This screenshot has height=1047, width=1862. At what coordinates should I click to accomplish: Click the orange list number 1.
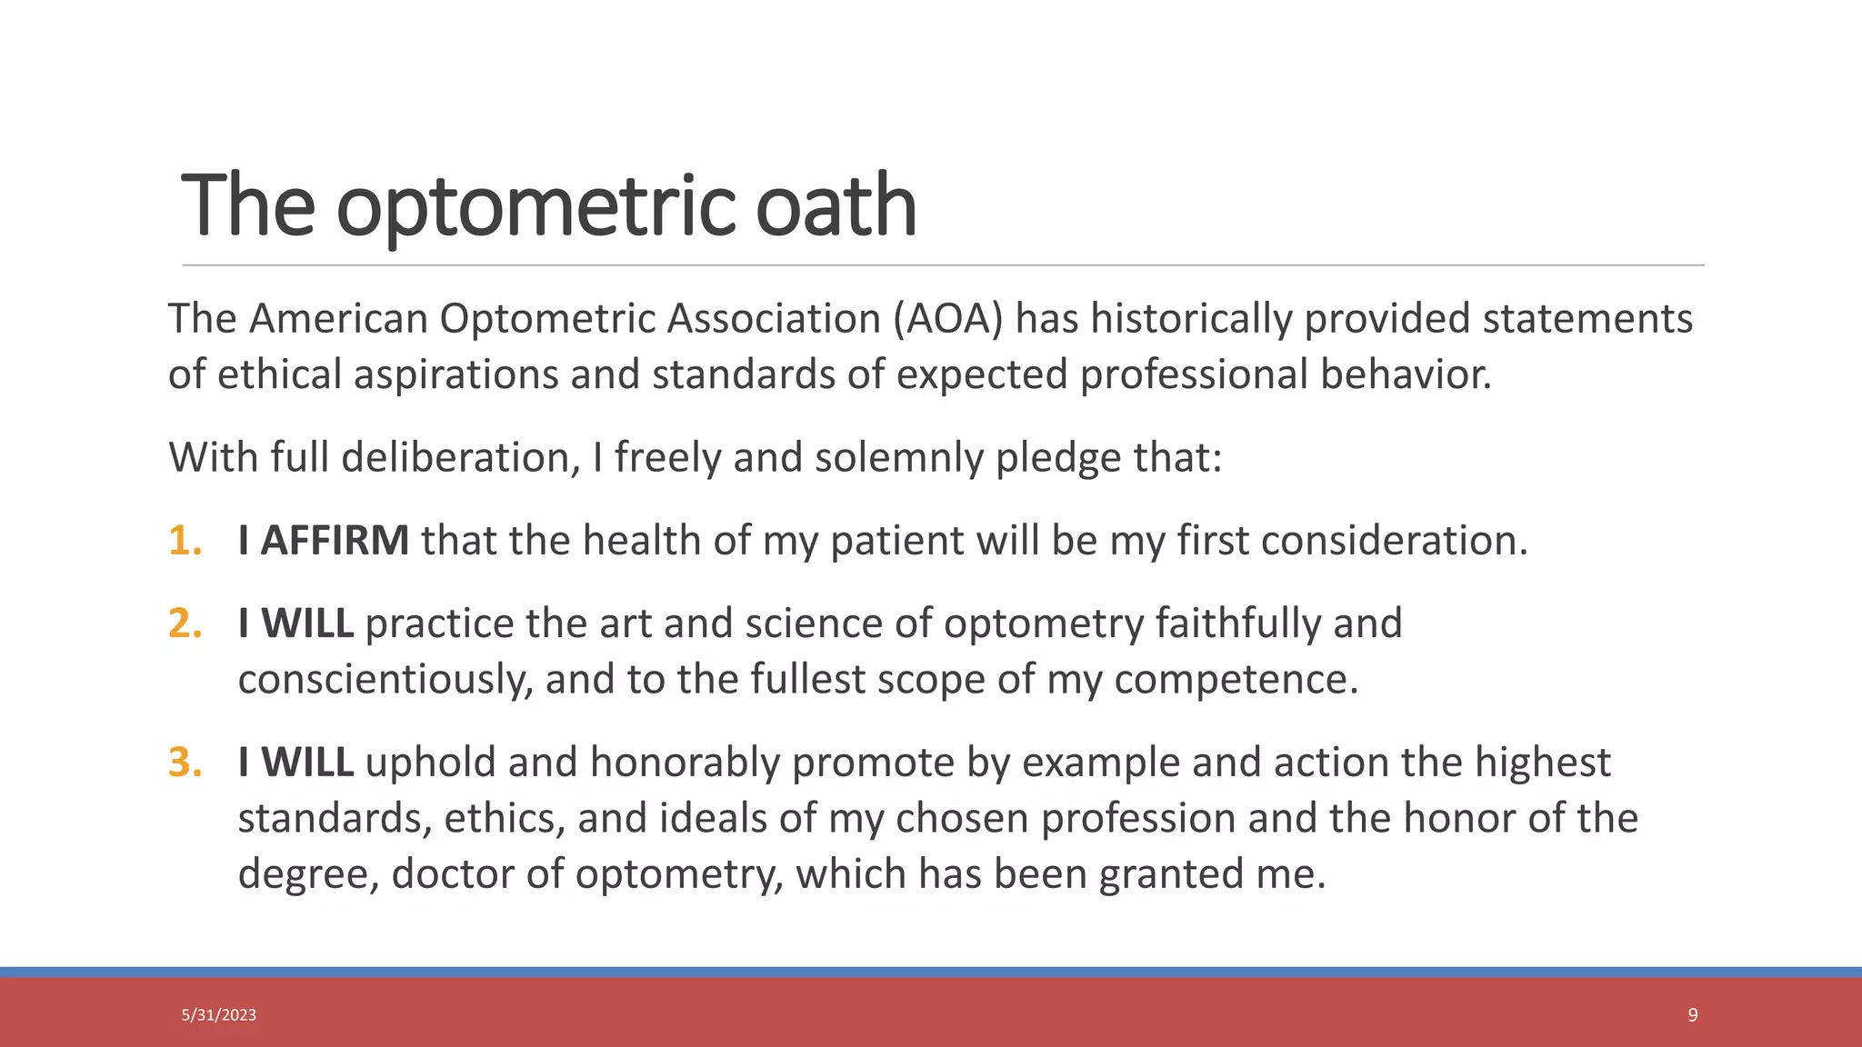point(185,541)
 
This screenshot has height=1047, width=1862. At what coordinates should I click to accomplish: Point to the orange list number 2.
point(185,623)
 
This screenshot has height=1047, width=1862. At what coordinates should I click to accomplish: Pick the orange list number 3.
point(185,763)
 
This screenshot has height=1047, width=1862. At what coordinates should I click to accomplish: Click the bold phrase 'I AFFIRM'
point(323,541)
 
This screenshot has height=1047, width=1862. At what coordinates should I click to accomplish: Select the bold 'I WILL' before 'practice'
point(295,623)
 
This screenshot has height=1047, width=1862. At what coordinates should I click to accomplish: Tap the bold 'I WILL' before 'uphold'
point(295,763)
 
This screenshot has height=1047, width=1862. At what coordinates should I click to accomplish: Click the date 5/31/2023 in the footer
point(218,1015)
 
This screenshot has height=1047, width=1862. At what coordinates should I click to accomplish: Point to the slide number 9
point(1692,1015)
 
